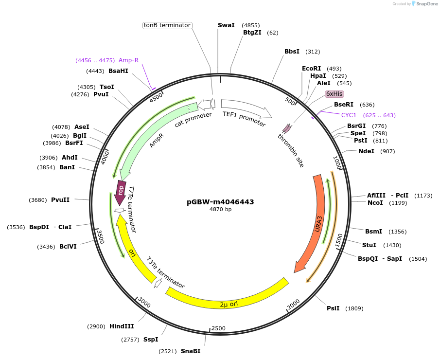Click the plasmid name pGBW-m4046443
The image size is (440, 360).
coord(220,202)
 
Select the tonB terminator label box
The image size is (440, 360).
coord(167,25)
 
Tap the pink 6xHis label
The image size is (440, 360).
coord(334,94)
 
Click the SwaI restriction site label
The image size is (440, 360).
coord(226,25)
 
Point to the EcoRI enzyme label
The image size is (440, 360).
coord(312,69)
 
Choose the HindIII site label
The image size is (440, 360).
coord(122,326)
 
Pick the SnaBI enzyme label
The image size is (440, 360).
coord(191,351)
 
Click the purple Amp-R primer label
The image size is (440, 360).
coord(128,60)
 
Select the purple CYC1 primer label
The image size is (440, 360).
coord(349,115)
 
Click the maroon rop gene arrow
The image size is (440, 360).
coord(121,191)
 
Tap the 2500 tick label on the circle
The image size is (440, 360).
coord(218,328)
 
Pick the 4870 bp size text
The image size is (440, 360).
coord(220,210)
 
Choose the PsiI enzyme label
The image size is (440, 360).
coord(333,308)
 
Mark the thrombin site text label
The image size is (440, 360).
coord(291,151)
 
